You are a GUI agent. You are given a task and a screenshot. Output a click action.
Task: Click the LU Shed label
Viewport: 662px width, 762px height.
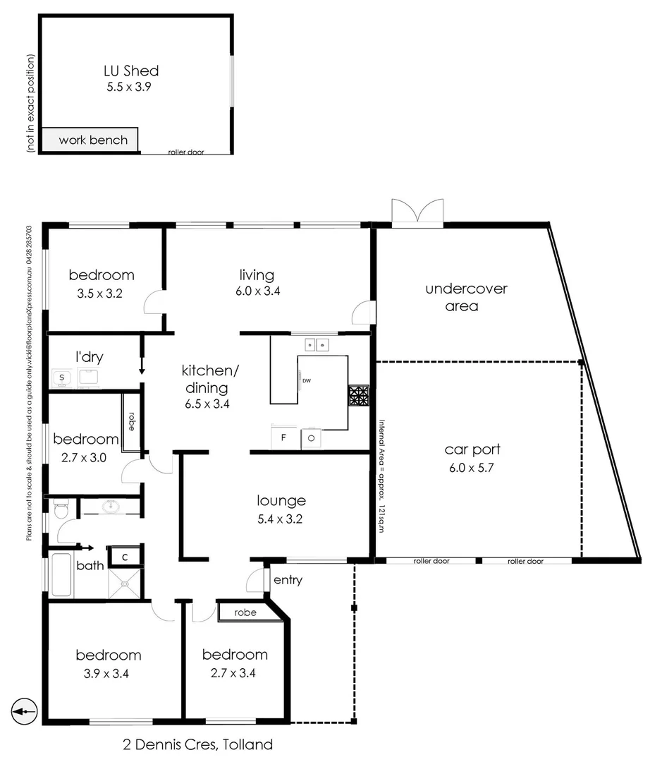pos(130,71)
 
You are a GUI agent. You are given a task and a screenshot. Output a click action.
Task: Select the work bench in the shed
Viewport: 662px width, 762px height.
pos(93,140)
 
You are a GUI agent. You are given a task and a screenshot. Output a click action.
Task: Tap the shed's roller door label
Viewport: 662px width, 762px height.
pos(186,152)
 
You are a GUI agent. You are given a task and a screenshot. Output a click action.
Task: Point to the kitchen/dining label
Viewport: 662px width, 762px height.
pos(205,379)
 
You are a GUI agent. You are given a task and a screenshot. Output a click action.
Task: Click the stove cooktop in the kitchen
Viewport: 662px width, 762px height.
pos(358,396)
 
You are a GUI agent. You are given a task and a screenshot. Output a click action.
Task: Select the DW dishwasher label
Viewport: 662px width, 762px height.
pos(307,381)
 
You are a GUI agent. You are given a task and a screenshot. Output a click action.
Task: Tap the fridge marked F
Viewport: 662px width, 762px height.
pos(283,437)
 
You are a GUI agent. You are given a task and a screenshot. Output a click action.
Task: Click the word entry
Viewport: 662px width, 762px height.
pos(288,580)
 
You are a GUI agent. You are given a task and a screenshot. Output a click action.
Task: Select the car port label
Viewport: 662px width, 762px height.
pos(472,449)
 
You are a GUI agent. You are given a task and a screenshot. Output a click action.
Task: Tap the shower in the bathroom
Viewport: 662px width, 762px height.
pos(125,583)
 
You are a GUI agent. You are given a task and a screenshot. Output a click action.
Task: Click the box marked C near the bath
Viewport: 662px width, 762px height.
pos(125,557)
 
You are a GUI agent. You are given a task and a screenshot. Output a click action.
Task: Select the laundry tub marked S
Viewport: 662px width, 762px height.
pos(62,377)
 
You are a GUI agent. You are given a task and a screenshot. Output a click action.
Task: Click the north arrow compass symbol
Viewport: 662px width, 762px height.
pos(24,710)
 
